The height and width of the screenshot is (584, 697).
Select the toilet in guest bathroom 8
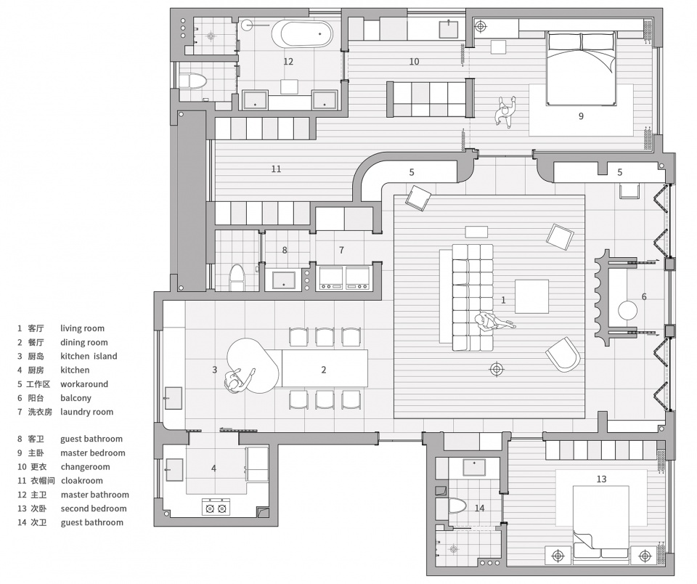(x=237, y=278)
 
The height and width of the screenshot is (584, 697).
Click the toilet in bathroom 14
(x=457, y=506)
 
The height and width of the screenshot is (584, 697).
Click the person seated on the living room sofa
(x=494, y=322)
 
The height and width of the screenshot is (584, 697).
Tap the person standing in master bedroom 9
(x=506, y=113)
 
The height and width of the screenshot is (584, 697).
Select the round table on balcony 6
(x=627, y=310)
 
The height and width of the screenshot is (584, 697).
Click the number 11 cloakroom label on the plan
(x=276, y=169)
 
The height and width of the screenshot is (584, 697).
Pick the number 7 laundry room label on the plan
(x=341, y=251)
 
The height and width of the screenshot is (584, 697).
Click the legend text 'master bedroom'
(x=93, y=453)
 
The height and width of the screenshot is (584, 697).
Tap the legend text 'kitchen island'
(x=89, y=356)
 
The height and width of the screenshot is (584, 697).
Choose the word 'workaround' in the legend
(x=84, y=384)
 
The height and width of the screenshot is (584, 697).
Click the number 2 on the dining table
(x=324, y=370)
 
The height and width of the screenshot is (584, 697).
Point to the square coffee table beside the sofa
(x=531, y=296)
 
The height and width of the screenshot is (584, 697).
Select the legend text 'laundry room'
(x=86, y=412)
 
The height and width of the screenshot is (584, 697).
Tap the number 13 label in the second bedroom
(x=601, y=479)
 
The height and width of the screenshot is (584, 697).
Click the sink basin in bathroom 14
(x=475, y=467)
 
